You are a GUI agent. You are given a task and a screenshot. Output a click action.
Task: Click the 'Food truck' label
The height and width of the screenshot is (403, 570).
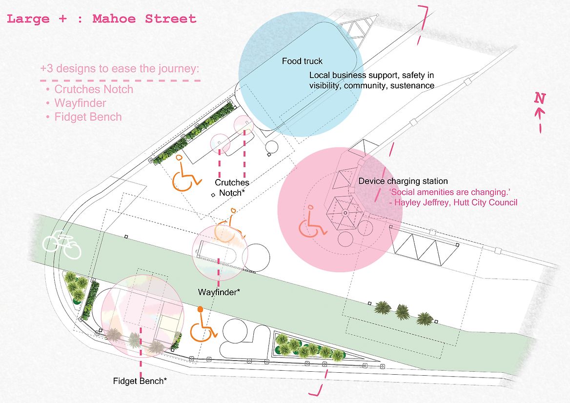coord(302,61)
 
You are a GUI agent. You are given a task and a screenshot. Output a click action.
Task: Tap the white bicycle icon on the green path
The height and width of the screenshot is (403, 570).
coord(61,245)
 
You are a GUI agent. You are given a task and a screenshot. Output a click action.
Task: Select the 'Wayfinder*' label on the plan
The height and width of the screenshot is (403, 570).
coord(219,293)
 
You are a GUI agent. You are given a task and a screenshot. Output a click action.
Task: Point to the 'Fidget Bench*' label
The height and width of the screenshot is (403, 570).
coord(140,381)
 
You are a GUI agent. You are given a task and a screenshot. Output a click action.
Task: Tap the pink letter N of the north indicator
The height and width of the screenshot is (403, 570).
coord(539,98)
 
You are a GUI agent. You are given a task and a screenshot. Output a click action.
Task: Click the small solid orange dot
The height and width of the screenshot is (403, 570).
coord(200,309)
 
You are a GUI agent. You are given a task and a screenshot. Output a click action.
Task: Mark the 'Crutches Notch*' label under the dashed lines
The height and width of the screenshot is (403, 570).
coord(232,188)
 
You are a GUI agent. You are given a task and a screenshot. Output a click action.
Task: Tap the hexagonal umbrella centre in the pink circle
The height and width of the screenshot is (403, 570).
coord(345,213)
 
